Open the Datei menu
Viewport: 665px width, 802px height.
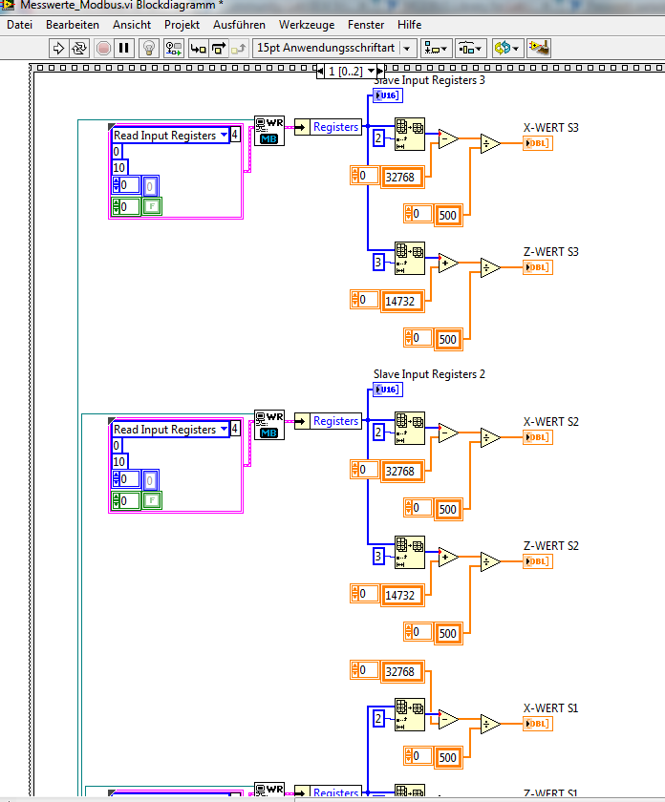click(x=19, y=24)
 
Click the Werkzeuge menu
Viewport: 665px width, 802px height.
click(x=307, y=24)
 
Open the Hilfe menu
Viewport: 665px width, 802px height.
click(x=409, y=24)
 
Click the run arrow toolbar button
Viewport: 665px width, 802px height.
click(x=58, y=48)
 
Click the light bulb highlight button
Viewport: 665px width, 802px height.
click(x=148, y=48)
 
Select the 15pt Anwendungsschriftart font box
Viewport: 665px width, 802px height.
click(x=325, y=48)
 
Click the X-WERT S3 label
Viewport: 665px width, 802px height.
click(x=551, y=127)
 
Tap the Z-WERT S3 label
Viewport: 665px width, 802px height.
click(x=551, y=252)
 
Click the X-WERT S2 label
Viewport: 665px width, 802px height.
click(x=551, y=421)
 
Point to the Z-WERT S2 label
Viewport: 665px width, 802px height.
click(x=551, y=546)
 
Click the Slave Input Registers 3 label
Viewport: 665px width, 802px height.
click(x=429, y=80)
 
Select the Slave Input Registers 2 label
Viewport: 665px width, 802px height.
click(x=429, y=374)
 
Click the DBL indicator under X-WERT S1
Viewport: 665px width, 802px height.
click(x=538, y=724)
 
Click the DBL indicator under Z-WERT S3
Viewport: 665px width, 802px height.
click(x=538, y=267)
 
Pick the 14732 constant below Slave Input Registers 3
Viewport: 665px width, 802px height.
click(x=399, y=301)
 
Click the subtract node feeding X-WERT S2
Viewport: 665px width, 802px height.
click(x=447, y=433)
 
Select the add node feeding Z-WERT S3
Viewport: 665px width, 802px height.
click(x=447, y=264)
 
